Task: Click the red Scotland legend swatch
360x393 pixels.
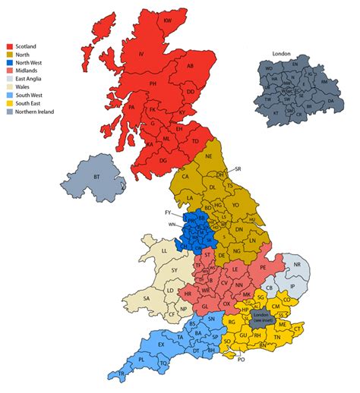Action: click(10, 46)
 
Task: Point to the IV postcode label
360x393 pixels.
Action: click(141, 53)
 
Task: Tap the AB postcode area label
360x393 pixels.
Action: click(190, 66)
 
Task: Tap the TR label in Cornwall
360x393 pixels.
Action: click(121, 375)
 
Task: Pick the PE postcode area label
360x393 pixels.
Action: click(263, 268)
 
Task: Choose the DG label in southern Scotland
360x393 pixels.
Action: click(163, 160)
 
